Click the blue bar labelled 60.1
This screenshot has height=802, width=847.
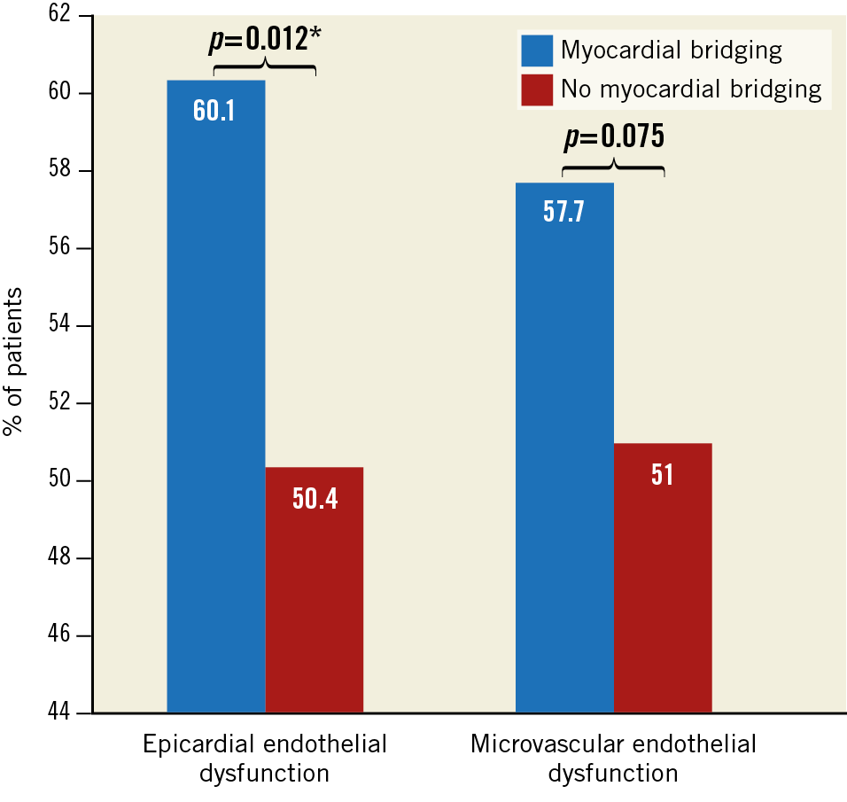[215, 399]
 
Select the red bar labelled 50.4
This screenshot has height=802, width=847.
[315, 603]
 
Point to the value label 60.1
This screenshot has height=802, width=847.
[214, 113]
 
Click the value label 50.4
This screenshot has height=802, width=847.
[315, 499]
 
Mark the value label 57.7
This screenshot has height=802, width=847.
[563, 214]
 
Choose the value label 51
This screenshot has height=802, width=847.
[663, 475]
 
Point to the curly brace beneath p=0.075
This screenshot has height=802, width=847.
[613, 167]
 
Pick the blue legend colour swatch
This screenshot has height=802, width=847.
[537, 51]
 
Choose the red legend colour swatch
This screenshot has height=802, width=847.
[537, 90]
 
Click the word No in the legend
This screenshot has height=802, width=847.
[572, 89]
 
